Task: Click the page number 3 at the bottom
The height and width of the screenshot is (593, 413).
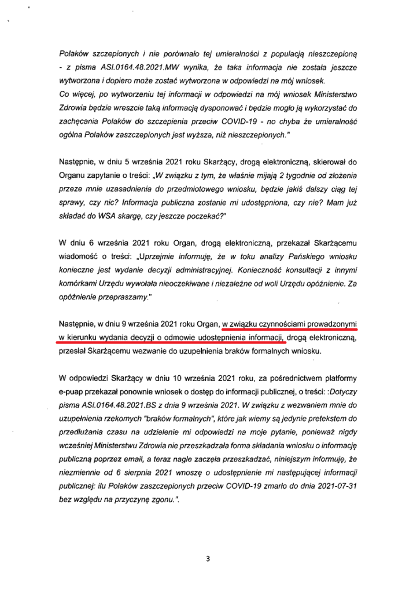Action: click(x=207, y=559)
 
